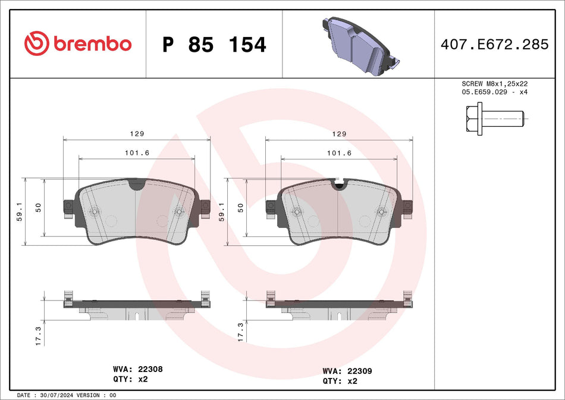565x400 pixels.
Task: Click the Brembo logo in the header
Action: click(78, 43)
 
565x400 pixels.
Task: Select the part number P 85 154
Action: click(214, 45)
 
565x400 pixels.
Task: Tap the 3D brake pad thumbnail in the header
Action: click(359, 45)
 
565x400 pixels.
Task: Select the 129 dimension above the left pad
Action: click(137, 134)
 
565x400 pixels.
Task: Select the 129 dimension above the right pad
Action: click(339, 134)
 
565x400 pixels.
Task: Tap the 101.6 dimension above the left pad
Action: click(137, 153)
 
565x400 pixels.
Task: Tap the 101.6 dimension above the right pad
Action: click(339, 153)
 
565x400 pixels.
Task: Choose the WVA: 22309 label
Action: click(349, 370)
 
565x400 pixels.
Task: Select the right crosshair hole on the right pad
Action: click(381, 210)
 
